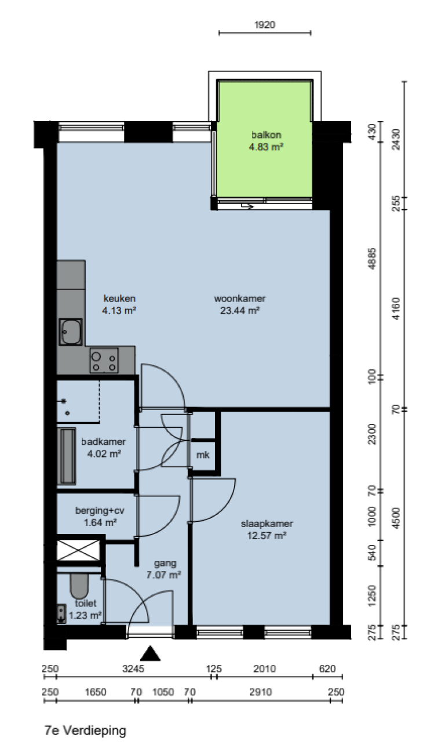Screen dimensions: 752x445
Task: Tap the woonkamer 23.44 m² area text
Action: [x=240, y=310]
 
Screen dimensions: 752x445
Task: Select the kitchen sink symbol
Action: [x=71, y=332]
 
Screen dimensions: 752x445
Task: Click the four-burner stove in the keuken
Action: [x=104, y=361]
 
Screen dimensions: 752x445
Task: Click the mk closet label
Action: [x=202, y=455]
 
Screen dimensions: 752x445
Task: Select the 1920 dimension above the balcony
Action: [x=265, y=24]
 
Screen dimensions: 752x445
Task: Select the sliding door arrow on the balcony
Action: [x=248, y=205]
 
